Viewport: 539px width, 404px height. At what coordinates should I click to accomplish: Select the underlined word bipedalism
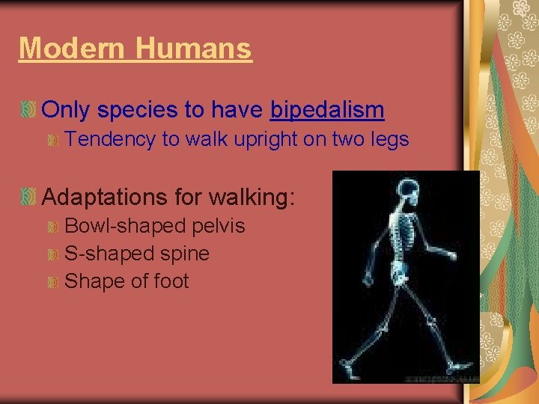[327, 110]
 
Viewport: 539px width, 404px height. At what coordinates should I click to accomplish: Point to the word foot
[171, 281]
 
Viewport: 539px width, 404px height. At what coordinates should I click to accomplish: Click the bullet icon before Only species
[28, 111]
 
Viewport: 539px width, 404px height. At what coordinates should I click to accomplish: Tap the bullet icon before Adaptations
[28, 198]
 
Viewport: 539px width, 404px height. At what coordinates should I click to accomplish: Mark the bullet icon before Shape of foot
[52, 282]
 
